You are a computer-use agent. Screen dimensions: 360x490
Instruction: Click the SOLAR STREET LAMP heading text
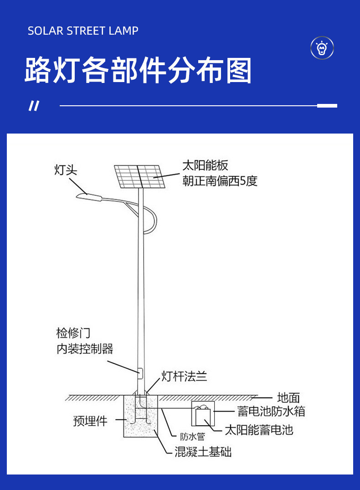tap(83, 31)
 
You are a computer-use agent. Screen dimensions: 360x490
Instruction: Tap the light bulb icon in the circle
tap(322, 47)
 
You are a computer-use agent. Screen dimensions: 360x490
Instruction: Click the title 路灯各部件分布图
tap(138, 71)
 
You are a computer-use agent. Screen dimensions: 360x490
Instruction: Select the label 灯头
tap(66, 170)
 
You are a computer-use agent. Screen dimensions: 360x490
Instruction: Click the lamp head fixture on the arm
tap(89, 196)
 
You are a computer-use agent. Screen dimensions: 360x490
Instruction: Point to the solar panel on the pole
tap(139, 177)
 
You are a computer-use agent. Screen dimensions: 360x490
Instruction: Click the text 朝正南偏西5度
tap(220, 181)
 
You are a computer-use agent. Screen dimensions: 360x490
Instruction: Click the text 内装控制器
tap(85, 349)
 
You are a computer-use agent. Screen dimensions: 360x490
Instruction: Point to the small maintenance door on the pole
tap(140, 373)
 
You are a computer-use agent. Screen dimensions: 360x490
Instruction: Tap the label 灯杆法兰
tap(184, 377)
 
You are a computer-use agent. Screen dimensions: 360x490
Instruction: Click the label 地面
tap(288, 397)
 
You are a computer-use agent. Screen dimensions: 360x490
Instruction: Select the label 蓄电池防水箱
tap(271, 411)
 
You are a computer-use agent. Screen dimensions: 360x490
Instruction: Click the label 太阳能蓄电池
tap(259, 429)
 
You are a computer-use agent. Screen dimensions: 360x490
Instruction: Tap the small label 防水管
tap(192, 437)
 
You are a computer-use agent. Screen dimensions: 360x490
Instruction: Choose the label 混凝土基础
tap(203, 452)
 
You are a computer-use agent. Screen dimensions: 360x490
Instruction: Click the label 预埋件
tap(90, 421)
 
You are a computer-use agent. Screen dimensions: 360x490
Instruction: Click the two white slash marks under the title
tap(34, 106)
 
